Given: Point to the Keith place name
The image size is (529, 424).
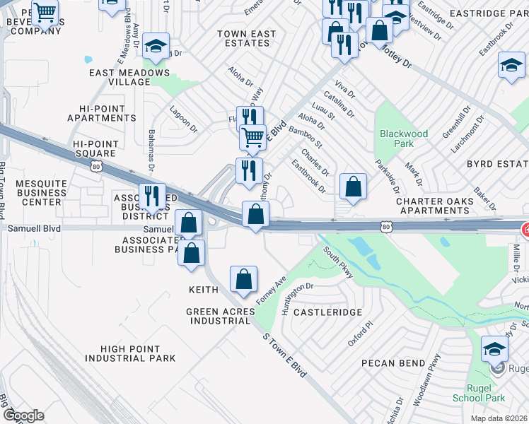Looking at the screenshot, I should pyautogui.click(x=202, y=290).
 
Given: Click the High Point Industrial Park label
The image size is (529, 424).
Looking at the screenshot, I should pyautogui.click(x=128, y=353).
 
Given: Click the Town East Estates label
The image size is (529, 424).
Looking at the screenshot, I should pyautogui.click(x=245, y=38).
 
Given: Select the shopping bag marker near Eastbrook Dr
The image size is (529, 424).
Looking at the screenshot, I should pyautogui.click(x=353, y=187).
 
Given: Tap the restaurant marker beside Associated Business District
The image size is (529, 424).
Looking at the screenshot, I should pyautogui.click(x=152, y=197).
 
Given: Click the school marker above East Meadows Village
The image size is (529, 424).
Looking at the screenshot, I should pyautogui.click(x=156, y=47).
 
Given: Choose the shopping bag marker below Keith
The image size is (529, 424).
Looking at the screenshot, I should pyautogui.click(x=243, y=280).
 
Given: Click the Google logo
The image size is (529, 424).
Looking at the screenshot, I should pyautogui.click(x=23, y=416).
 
